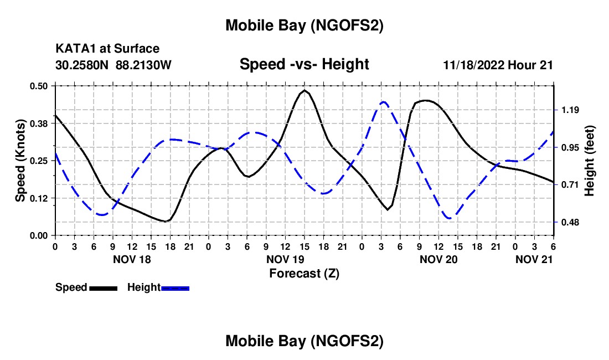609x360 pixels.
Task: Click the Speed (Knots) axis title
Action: point(20,161)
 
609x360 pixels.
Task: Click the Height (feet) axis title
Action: point(589,161)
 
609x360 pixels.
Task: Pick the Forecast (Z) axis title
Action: point(304,273)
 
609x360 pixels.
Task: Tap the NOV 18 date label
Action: point(132,259)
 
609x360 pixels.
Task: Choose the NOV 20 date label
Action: point(438,259)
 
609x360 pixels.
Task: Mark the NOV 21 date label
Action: point(534,259)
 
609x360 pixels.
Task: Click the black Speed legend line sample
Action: point(103,288)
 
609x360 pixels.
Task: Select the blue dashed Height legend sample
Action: point(175,288)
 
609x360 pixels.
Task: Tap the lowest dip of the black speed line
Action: point(165,221)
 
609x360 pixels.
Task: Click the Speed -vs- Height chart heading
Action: point(304,65)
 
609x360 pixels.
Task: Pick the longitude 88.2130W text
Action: point(144,65)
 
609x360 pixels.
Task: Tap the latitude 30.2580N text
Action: point(83,65)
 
